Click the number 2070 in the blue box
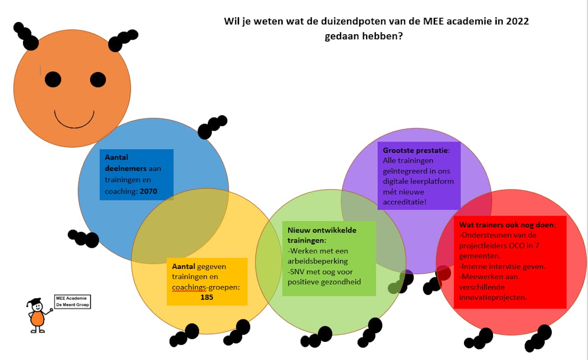click(148, 192)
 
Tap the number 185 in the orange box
click(207, 297)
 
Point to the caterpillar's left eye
click(53, 79)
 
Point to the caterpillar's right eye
click(98, 79)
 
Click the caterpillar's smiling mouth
click(74, 119)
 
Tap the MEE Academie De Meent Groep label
click(73, 301)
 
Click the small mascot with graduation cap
click(37, 316)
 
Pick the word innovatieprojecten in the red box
click(493, 297)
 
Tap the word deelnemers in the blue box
click(125, 168)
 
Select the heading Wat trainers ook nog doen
click(507, 225)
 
